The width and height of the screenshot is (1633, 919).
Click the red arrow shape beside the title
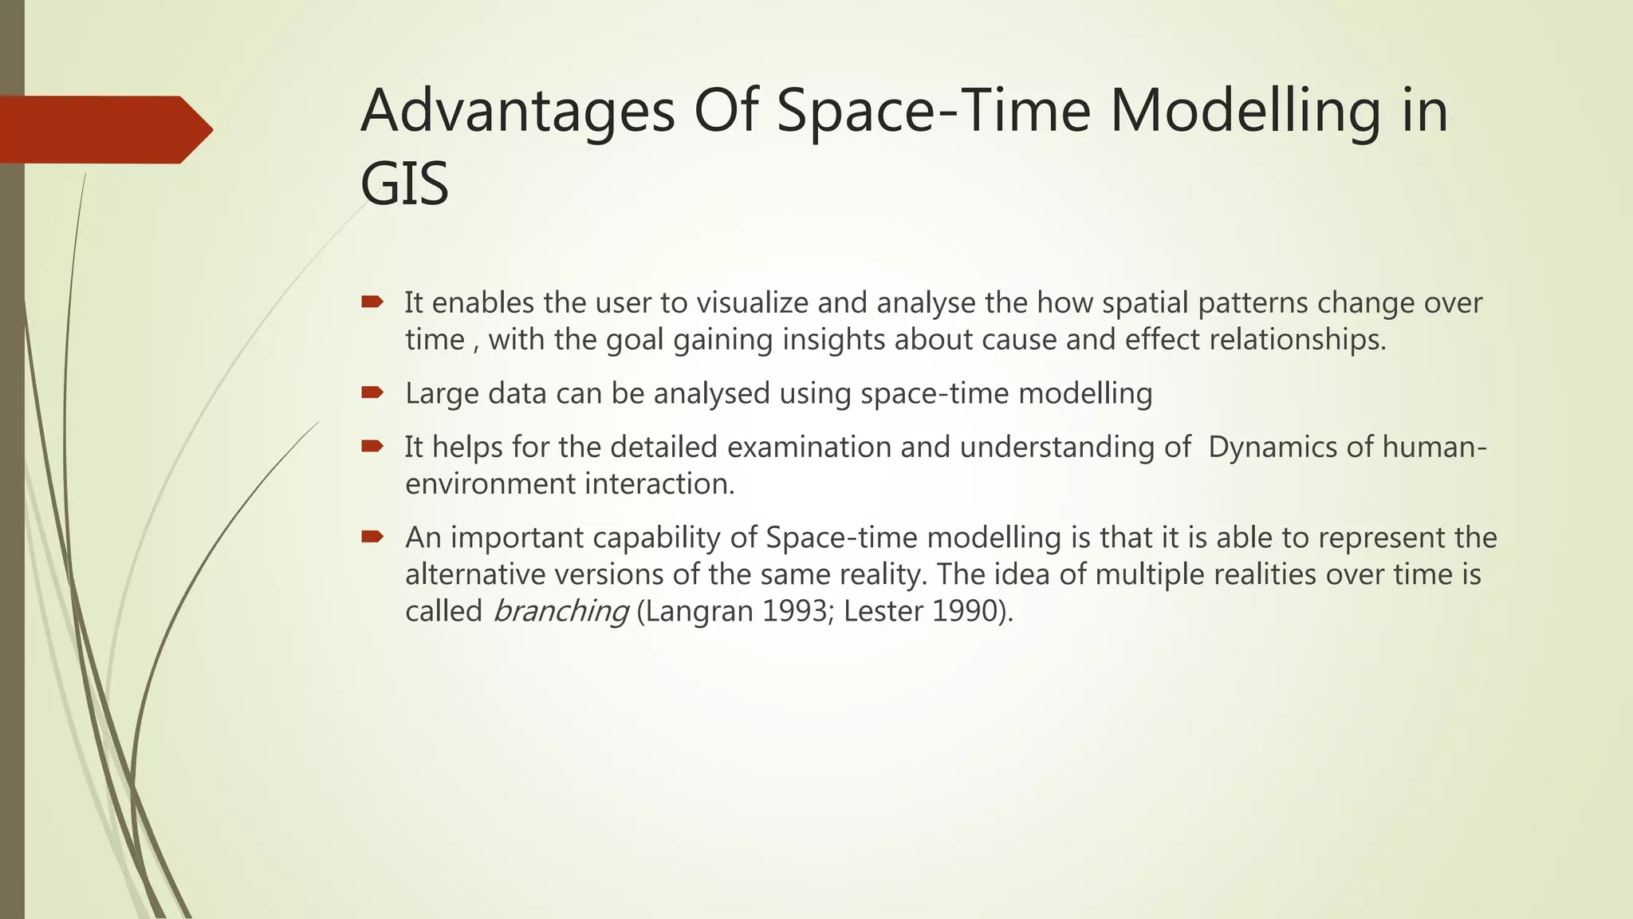tap(104, 129)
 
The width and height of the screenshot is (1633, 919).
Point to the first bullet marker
tap(372, 302)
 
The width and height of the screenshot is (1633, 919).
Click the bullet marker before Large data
tap(372, 392)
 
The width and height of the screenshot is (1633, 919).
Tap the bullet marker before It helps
tap(372, 446)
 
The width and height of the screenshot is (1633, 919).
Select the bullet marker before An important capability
tap(372, 537)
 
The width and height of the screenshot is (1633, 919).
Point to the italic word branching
tap(561, 612)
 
